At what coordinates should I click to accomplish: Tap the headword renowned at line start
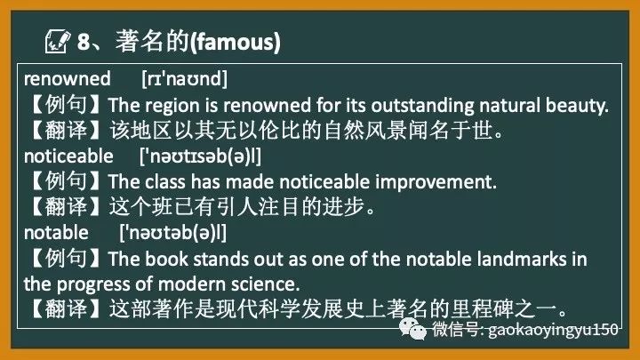tap(67, 79)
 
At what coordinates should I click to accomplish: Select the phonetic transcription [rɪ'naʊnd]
tap(185, 79)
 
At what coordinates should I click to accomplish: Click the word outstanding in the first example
tap(389, 105)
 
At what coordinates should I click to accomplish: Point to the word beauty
tap(578, 105)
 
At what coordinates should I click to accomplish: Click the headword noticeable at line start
tap(68, 156)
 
